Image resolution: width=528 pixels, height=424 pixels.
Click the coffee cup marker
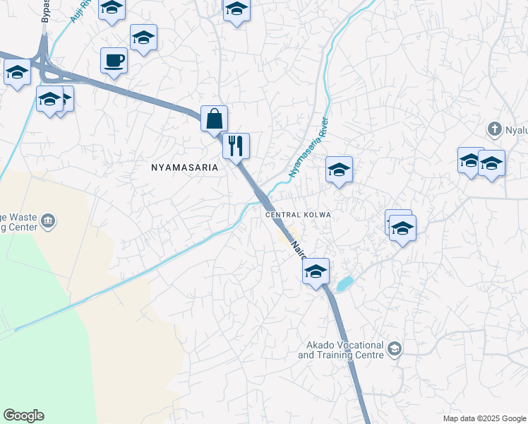pos(114,60)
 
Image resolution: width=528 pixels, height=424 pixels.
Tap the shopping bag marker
pos(214,119)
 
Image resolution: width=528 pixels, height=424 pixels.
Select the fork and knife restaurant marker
pos(236,146)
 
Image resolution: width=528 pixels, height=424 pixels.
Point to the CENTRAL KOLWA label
pos(297,215)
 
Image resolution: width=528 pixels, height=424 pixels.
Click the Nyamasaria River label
pos(309,147)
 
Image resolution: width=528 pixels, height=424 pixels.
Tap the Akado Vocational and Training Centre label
pos(341,350)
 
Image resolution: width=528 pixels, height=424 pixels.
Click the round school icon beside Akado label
pos(395,348)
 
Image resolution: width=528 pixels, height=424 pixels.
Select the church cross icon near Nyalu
pos(495,129)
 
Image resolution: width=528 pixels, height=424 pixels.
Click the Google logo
pos(23,416)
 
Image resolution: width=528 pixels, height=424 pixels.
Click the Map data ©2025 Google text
pos(484,418)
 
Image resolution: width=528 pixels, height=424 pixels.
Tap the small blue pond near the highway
pos(344,284)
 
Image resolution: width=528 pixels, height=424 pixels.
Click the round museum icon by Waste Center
pos(48,220)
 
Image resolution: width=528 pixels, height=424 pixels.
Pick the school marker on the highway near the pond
pos(316,271)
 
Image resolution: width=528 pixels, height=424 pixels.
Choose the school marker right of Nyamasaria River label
pos(339,170)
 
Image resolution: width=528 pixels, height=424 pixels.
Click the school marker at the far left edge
pos(17,72)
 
